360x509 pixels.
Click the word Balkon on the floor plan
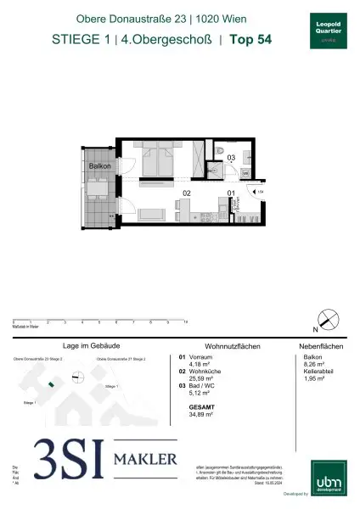(99, 167)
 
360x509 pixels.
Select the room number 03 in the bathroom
(231, 157)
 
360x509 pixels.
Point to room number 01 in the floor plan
(230, 193)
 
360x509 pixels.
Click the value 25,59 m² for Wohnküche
(198, 378)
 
